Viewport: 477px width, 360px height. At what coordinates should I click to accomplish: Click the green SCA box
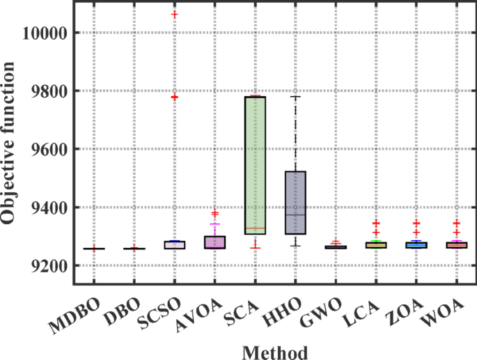point(256,164)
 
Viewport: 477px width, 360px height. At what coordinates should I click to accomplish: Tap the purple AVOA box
point(214,242)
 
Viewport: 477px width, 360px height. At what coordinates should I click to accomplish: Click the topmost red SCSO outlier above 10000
point(174,15)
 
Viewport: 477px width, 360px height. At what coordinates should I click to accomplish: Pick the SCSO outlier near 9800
point(174,97)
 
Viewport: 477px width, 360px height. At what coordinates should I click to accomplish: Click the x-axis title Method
point(274,352)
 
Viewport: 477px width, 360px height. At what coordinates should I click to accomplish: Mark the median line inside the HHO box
point(296,215)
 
